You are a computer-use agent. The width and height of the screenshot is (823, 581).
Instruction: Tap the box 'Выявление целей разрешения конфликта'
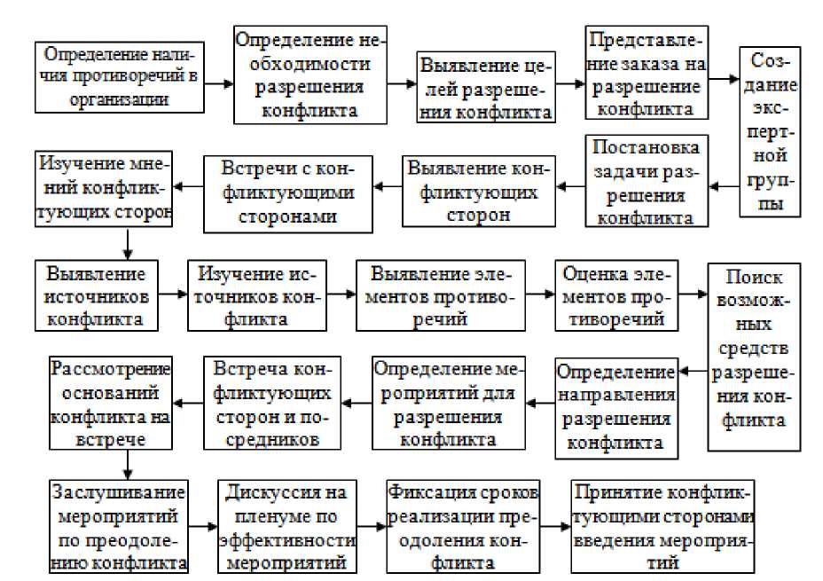pyautogui.click(x=486, y=89)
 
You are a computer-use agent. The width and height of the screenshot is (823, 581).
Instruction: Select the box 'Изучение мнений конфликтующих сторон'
pyautogui.click(x=104, y=189)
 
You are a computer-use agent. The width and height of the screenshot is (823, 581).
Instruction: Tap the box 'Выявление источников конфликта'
pyautogui.click(x=98, y=294)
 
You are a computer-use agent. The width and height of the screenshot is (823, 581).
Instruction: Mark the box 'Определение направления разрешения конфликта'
pyautogui.click(x=615, y=407)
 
